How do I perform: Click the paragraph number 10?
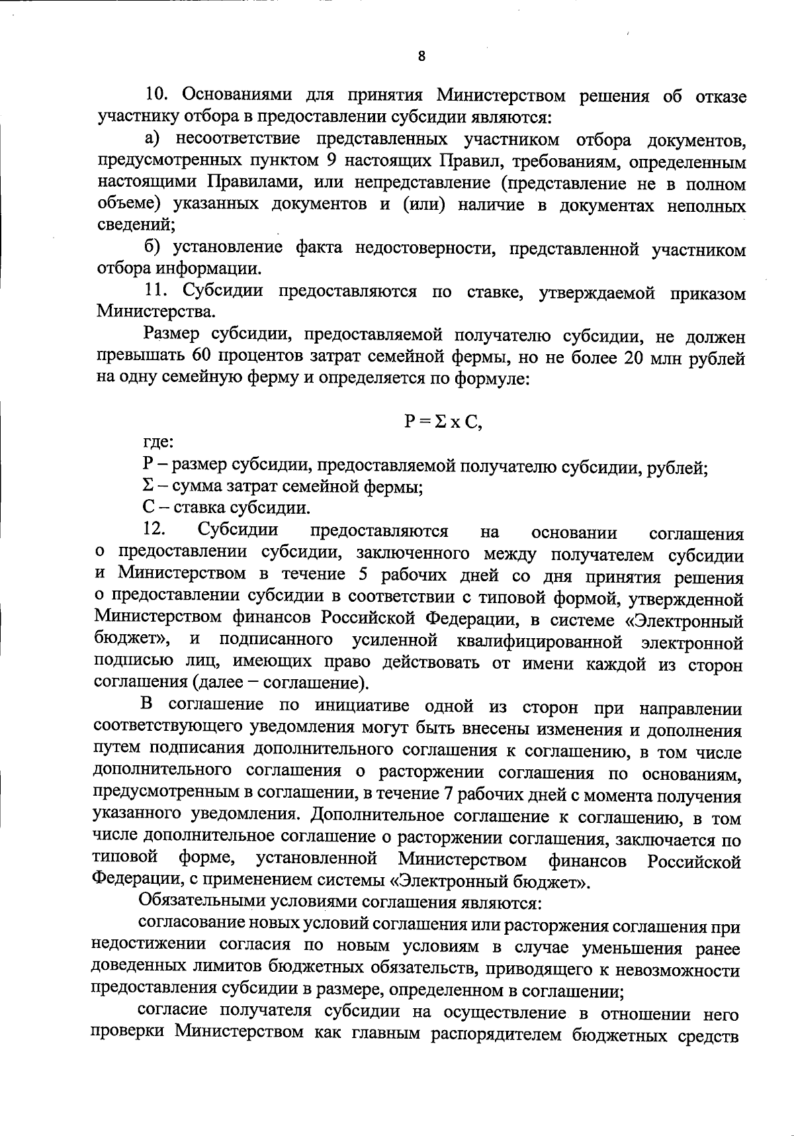[158, 97]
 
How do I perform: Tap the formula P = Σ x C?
[443, 422]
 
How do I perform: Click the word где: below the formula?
[158, 442]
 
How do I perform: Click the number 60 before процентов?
[201, 357]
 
